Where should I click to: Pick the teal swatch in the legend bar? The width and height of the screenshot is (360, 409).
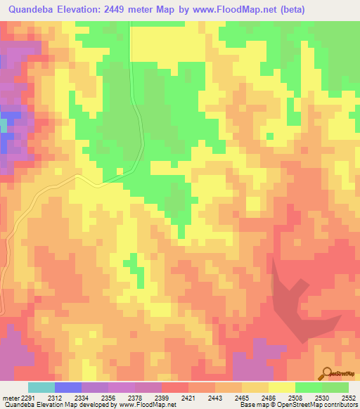(x=41, y=387)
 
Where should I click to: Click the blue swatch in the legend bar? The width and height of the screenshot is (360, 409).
(x=68, y=387)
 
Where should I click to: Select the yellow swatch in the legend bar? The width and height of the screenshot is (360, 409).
(x=282, y=387)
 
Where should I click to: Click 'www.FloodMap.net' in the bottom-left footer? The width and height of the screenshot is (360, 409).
(x=147, y=405)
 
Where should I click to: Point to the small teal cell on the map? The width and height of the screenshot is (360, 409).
(x=3, y=125)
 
